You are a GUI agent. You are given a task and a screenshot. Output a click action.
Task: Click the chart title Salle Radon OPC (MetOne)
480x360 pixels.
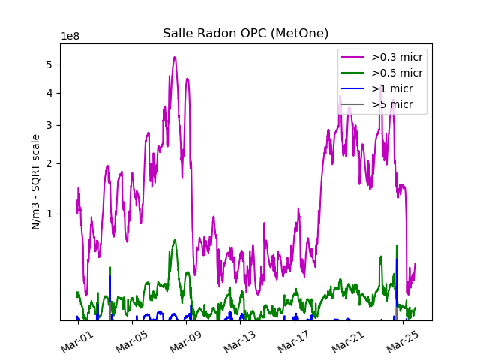[x=245, y=33]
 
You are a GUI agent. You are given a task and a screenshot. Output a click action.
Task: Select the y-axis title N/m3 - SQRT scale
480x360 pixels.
[x=35, y=181]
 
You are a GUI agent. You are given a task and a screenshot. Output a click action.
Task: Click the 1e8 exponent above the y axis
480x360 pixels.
[x=70, y=37]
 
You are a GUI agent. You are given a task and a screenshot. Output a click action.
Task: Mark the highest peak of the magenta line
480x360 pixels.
[x=175, y=57]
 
